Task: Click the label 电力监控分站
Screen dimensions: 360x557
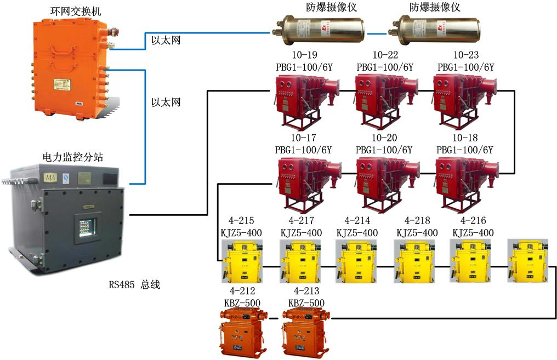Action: [72, 157]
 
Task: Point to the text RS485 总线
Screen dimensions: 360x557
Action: [134, 285]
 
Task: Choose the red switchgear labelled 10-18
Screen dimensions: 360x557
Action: [464, 183]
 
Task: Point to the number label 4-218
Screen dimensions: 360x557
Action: [417, 221]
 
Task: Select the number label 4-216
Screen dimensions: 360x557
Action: [473, 221]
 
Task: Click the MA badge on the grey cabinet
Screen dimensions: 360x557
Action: [51, 179]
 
